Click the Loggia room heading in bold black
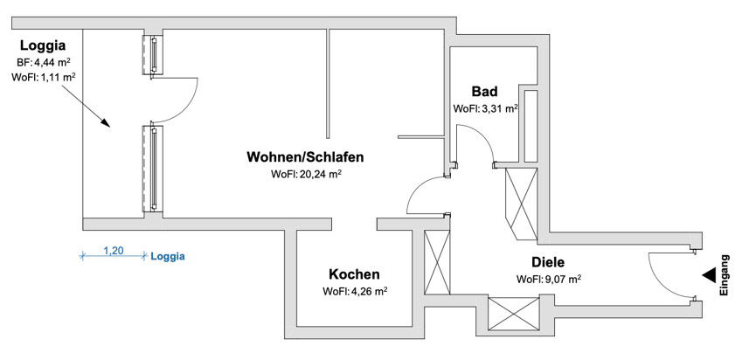(43, 46)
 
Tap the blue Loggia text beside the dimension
(168, 257)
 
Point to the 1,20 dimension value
(114, 251)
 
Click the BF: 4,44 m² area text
(44, 61)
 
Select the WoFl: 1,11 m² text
(44, 77)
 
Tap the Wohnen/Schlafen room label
(305, 156)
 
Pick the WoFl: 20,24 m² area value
(307, 174)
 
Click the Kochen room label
(355, 273)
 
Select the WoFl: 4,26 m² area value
(356, 291)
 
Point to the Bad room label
(484, 91)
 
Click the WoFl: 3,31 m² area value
(486, 108)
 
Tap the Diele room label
(548, 262)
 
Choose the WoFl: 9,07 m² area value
(549, 279)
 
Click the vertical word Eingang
(725, 275)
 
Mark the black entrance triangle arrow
(710, 276)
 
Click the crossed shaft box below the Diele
(513, 313)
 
